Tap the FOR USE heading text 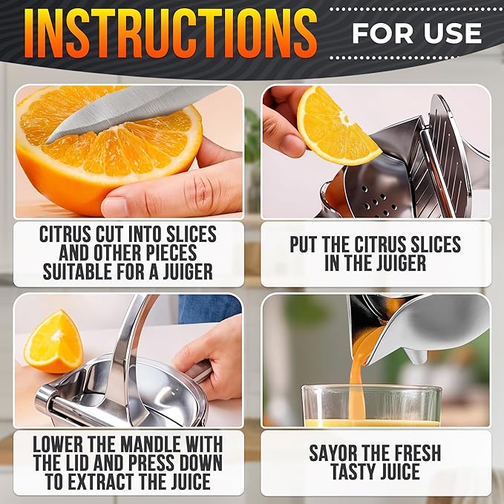tap(416, 33)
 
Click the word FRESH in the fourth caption tap(411, 453)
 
